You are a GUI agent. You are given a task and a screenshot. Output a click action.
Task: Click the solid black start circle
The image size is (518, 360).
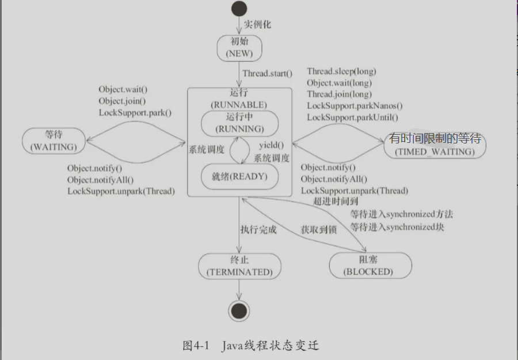(x=239, y=9)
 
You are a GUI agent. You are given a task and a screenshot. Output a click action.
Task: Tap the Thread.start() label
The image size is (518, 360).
(x=267, y=73)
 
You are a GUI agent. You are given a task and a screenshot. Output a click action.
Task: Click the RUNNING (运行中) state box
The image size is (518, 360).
(x=239, y=124)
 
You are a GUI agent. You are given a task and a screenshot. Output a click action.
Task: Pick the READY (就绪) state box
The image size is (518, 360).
(x=239, y=177)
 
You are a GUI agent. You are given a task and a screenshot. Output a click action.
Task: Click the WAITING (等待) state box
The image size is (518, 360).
(x=53, y=141)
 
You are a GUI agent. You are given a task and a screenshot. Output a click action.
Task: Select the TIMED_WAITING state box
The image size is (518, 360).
(x=435, y=146)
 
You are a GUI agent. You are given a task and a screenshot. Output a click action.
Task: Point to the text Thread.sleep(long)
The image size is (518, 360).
(x=341, y=71)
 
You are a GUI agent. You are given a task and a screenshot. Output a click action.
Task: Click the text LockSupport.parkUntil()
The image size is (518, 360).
(x=352, y=118)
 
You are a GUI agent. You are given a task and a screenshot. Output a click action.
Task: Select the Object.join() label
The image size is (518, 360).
(x=122, y=101)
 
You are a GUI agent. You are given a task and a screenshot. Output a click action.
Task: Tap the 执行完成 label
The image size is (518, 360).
(x=258, y=229)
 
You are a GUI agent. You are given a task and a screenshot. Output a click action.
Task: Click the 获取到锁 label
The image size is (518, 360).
(x=319, y=229)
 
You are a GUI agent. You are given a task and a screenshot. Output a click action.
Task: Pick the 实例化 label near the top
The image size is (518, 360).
(x=257, y=25)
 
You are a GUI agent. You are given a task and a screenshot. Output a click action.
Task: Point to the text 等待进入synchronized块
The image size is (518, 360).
(x=397, y=226)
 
